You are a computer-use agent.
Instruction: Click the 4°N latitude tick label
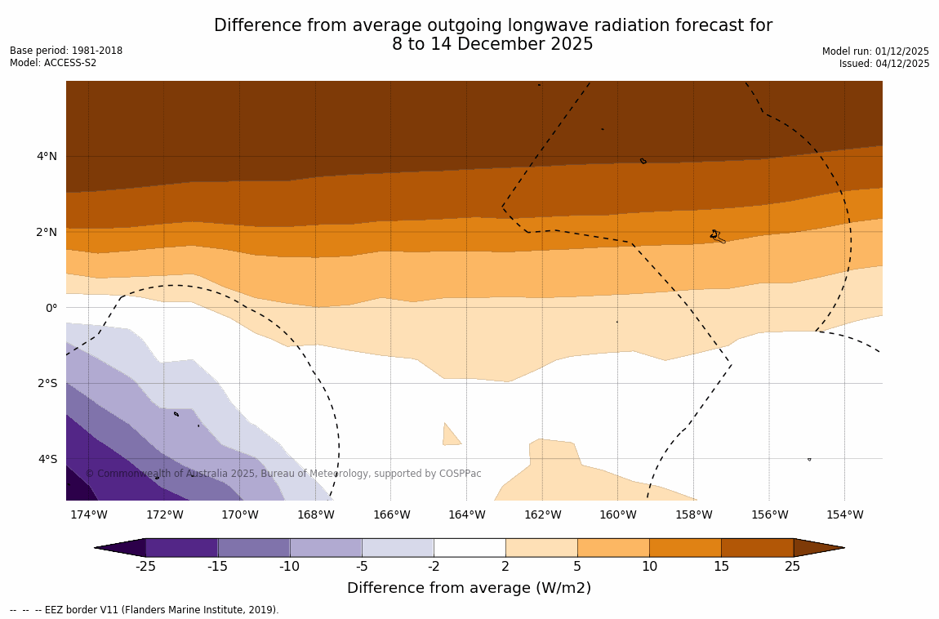[x=47, y=156]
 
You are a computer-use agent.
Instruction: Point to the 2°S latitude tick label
[x=47, y=383]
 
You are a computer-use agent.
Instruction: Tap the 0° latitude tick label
[x=51, y=308]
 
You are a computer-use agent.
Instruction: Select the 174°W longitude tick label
[x=88, y=514]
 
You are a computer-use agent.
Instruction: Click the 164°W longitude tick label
[x=466, y=514]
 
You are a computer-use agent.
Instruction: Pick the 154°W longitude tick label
[x=844, y=514]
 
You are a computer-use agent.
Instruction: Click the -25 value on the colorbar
[x=145, y=566]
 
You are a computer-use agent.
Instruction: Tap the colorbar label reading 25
[x=792, y=566]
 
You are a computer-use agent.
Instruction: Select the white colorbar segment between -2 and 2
[x=469, y=547]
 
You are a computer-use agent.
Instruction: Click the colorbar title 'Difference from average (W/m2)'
[x=469, y=588]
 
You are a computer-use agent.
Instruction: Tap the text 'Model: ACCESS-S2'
[x=53, y=63]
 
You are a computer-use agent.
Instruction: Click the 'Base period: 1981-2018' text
[x=66, y=51]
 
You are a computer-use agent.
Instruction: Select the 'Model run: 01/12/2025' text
[x=875, y=51]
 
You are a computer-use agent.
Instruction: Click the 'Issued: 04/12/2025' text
[x=884, y=64]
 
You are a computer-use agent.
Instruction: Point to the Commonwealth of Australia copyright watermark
[x=283, y=474]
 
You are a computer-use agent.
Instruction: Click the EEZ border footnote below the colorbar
[x=145, y=610]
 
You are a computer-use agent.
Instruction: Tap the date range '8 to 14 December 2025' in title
[x=492, y=45]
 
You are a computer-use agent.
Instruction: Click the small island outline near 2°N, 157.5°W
[x=716, y=236]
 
